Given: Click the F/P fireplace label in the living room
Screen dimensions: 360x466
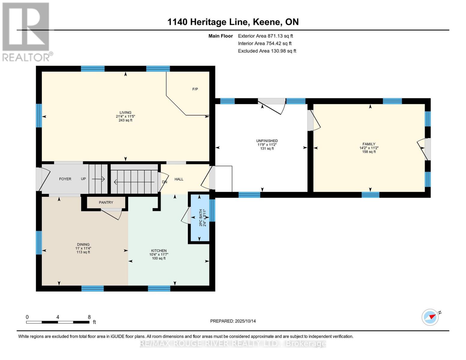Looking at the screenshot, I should pos(195,89).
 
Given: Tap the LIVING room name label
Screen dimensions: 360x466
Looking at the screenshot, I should pos(125,112).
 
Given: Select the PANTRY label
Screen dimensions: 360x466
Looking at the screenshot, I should pos(106,202).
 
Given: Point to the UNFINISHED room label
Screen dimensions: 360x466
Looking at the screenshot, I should pos(267,141).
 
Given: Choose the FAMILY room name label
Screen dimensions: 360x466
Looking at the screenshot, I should pos(369,144).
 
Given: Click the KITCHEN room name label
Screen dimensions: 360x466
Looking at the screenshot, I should pos(159,251).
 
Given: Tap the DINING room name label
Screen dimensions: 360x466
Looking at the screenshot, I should pos(83,244).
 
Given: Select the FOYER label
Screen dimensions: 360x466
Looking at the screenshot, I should pos(65,179).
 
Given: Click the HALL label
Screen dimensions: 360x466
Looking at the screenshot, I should pos(179,179).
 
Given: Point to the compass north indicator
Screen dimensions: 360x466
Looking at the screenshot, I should pos(431,317).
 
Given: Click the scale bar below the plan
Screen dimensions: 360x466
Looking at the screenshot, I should pos(58,322).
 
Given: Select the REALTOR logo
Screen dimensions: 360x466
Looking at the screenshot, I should pos(26,31).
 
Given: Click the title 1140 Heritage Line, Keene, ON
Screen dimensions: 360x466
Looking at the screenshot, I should pos(233,22).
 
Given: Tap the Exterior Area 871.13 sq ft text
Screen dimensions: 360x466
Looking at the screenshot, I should pos(265,36).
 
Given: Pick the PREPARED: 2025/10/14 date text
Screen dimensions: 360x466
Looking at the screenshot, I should pos(233,321).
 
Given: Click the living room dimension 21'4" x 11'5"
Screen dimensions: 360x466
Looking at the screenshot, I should pos(125,116).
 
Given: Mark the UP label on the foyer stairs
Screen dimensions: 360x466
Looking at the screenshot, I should pos(83,179).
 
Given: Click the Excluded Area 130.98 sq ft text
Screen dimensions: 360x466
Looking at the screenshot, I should pos(267,51).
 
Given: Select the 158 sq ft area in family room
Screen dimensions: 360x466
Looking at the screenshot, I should pos(369,152).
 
